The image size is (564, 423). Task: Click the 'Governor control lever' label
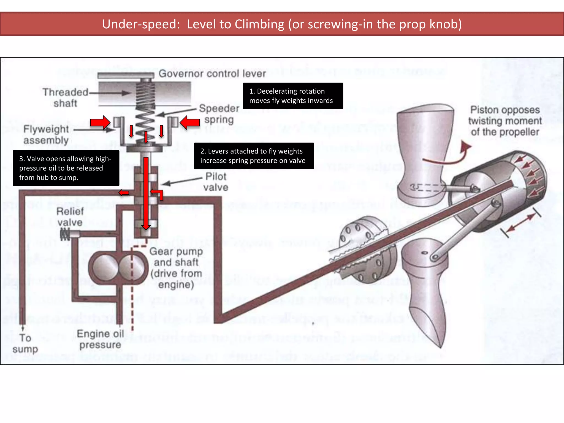click(212, 74)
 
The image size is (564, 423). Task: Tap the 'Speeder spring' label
click(219, 114)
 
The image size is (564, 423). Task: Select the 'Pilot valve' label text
click(216, 182)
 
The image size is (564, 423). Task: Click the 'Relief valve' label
click(70, 217)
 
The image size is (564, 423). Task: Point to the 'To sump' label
click(25, 343)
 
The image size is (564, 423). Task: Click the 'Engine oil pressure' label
click(100, 339)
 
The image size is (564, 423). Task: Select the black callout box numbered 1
click(293, 96)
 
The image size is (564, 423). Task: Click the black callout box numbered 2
click(254, 156)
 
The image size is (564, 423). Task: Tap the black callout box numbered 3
click(66, 168)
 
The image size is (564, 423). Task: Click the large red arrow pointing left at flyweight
click(190, 122)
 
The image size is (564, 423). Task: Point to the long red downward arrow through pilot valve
click(146, 193)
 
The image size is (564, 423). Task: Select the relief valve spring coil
click(65, 235)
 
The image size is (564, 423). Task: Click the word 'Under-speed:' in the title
click(141, 24)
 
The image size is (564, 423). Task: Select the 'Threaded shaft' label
click(65, 97)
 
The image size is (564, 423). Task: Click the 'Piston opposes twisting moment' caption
click(505, 121)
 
